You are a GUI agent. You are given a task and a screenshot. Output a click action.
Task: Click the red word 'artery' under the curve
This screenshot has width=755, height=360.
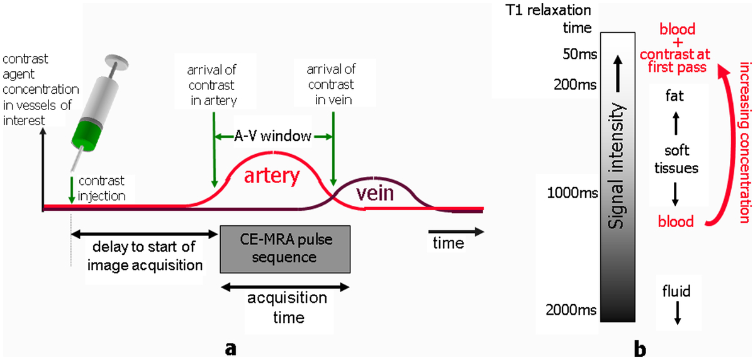pos(272,176)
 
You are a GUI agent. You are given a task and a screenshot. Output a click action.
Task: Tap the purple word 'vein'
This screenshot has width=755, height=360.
pos(375,193)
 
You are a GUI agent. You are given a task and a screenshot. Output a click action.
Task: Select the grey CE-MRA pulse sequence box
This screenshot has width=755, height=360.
pos(285,249)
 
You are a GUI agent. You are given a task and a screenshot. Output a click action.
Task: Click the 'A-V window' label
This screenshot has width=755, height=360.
pos(272,136)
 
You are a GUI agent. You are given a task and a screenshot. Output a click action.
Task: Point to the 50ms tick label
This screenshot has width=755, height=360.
pos(579,54)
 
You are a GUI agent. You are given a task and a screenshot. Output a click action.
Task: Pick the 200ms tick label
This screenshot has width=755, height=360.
pos(575,84)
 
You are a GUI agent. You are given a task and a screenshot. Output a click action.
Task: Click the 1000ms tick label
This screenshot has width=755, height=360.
pos(573,193)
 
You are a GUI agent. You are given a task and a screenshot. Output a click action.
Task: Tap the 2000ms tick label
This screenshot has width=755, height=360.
pos(571,310)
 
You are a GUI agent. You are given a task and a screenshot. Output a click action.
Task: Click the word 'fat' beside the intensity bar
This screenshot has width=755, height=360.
pos(674,96)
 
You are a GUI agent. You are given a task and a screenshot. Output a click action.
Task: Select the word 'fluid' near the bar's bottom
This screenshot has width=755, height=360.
pos(676,291)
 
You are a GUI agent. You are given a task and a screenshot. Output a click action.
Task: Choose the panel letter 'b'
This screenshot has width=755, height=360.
pos(640,349)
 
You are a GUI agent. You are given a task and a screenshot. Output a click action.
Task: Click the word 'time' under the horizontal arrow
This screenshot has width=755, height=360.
pos(448,243)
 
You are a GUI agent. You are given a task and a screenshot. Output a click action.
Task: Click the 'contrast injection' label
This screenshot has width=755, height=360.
pos(101,188)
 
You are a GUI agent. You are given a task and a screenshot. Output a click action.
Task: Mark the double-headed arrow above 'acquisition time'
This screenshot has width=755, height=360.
pos(285,287)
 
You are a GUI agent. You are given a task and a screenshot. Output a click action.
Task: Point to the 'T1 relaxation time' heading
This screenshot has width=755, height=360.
pos(549,19)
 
